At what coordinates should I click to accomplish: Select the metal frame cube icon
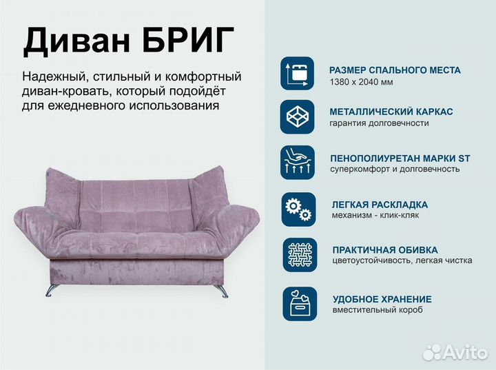[298, 116]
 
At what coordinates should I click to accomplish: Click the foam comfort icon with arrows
[298, 163]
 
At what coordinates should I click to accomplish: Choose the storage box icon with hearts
[298, 303]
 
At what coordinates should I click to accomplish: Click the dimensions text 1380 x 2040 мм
[361, 83]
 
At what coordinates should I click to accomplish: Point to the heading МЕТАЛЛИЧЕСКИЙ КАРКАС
[391, 112]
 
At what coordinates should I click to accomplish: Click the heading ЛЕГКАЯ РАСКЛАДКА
[380, 205]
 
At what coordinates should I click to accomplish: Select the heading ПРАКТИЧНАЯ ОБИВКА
[384, 250]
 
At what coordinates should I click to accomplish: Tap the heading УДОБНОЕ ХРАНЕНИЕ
[382, 299]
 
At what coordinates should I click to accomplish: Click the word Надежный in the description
[54, 76]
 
